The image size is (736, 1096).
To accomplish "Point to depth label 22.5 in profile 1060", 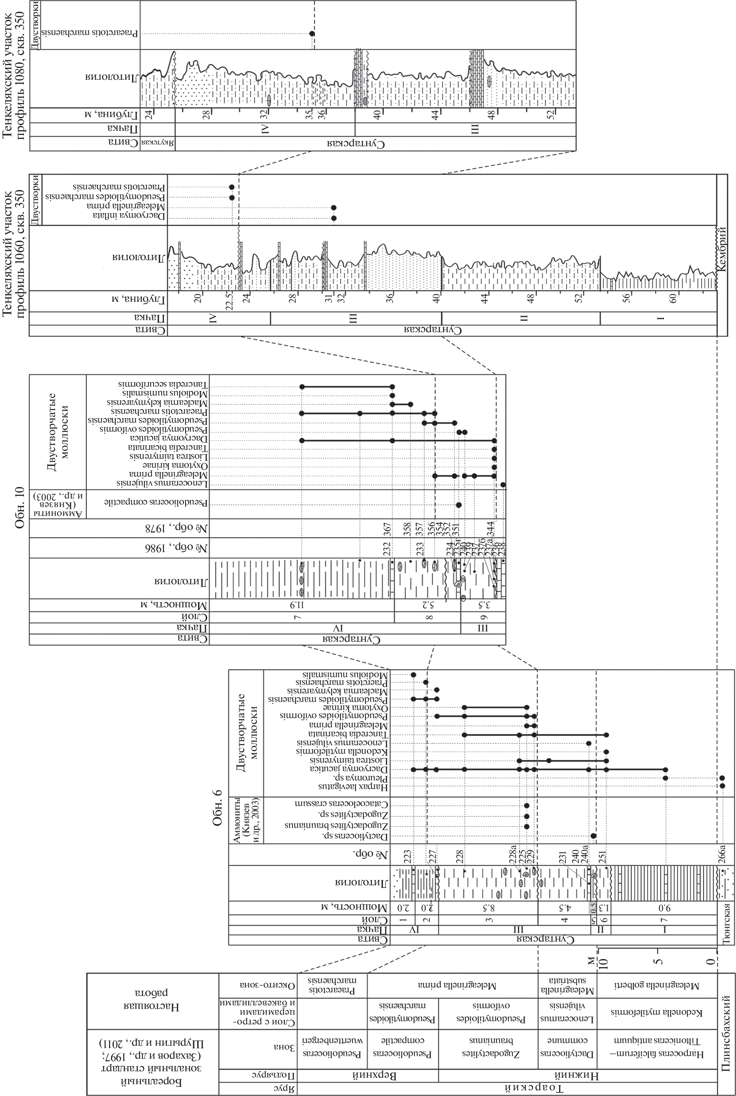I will pyautogui.click(x=230, y=299).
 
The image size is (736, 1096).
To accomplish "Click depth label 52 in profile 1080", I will pyautogui.click(x=553, y=115).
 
